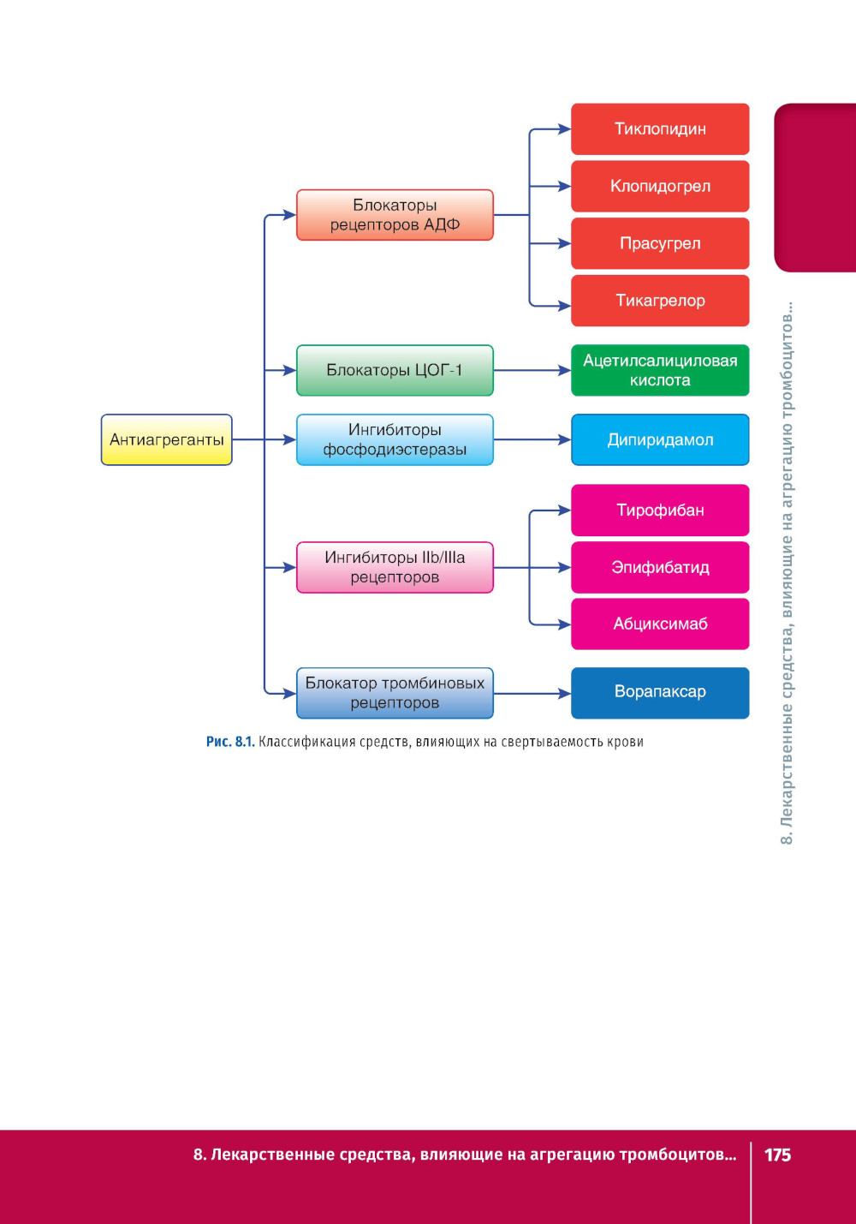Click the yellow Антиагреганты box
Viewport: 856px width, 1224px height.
click(x=166, y=439)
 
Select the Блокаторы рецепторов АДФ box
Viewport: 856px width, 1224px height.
click(x=395, y=215)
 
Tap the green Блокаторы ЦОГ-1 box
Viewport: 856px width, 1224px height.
click(x=395, y=370)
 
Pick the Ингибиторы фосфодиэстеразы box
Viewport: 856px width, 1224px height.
click(x=395, y=439)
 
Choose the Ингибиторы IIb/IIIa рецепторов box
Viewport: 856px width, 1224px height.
click(x=395, y=567)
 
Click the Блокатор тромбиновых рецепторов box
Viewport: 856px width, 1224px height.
click(x=395, y=693)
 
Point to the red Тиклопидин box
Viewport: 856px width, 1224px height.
click(x=660, y=129)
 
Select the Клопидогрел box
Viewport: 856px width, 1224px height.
click(x=660, y=186)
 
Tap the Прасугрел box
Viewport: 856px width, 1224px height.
click(x=660, y=243)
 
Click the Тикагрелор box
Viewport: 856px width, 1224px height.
click(x=660, y=301)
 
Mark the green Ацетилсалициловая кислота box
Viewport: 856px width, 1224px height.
click(x=660, y=370)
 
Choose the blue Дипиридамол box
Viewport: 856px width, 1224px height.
click(x=660, y=439)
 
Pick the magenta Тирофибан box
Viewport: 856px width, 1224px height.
click(x=660, y=510)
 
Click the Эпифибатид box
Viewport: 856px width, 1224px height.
click(x=660, y=567)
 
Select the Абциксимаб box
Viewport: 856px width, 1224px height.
click(x=660, y=624)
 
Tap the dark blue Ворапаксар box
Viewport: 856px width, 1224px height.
click(x=660, y=692)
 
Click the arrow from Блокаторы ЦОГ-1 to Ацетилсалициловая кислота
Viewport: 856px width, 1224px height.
click(x=532, y=370)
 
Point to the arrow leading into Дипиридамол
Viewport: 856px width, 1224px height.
click(x=532, y=439)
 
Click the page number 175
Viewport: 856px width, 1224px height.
click(x=777, y=1155)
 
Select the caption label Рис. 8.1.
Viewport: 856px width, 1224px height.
click(x=229, y=742)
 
